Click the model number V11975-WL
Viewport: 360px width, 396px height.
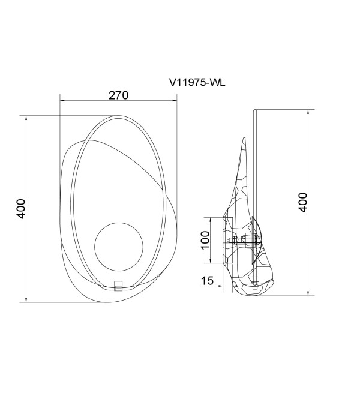point(197,82)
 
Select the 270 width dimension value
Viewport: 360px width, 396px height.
point(118,95)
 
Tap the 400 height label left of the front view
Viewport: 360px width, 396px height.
point(21,209)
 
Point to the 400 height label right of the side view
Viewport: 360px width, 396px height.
point(303,202)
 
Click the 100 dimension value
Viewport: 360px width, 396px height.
point(205,240)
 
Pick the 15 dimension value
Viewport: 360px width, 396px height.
point(207,281)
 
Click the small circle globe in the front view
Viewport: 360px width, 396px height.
point(119,247)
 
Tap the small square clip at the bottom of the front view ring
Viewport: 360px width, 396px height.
point(118,286)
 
